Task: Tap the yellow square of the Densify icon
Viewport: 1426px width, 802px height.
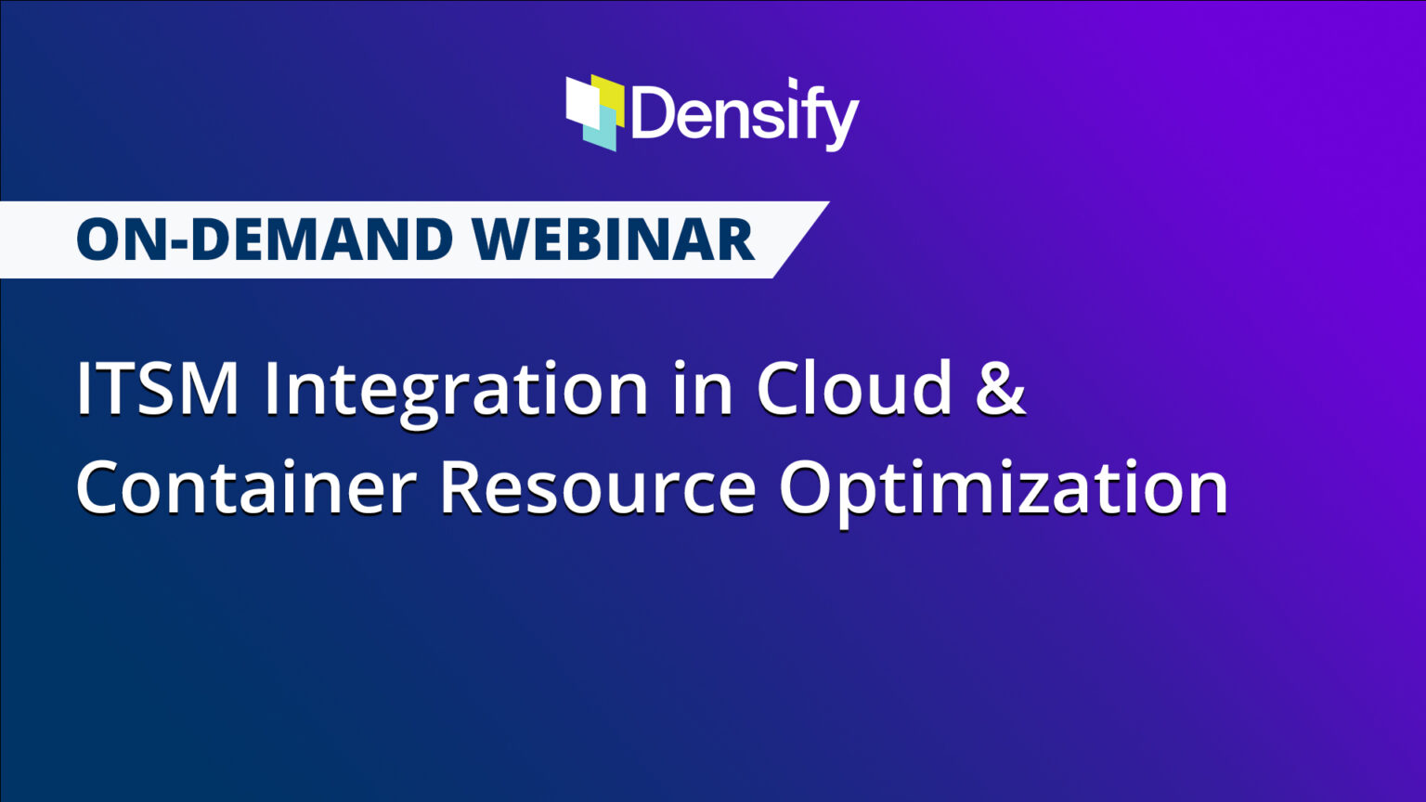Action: pos(612,93)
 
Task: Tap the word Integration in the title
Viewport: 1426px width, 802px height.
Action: pos(456,390)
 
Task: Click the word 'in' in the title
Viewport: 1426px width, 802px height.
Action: pos(702,388)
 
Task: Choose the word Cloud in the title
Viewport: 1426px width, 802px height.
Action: pos(855,388)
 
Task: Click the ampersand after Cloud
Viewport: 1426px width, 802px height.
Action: pos(1001,388)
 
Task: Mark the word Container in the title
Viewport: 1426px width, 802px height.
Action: pos(246,488)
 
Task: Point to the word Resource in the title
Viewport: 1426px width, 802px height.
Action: pos(597,488)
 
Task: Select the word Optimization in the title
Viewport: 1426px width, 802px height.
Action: pos(1004,490)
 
